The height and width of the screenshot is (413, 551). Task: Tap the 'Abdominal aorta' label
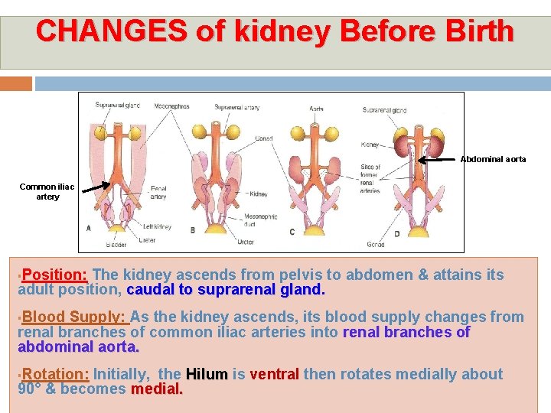pyautogui.click(x=493, y=159)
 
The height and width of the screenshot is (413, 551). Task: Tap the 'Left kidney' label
pyautogui.click(x=157, y=227)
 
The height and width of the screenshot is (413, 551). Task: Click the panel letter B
pyautogui.click(x=192, y=229)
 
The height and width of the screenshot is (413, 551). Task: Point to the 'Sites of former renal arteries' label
pyautogui.click(x=370, y=179)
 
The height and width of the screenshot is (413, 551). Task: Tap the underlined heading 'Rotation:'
pyautogui.click(x=57, y=374)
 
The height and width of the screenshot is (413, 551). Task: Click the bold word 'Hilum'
pyautogui.click(x=207, y=374)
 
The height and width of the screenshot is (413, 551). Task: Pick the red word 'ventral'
pyautogui.click(x=274, y=374)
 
